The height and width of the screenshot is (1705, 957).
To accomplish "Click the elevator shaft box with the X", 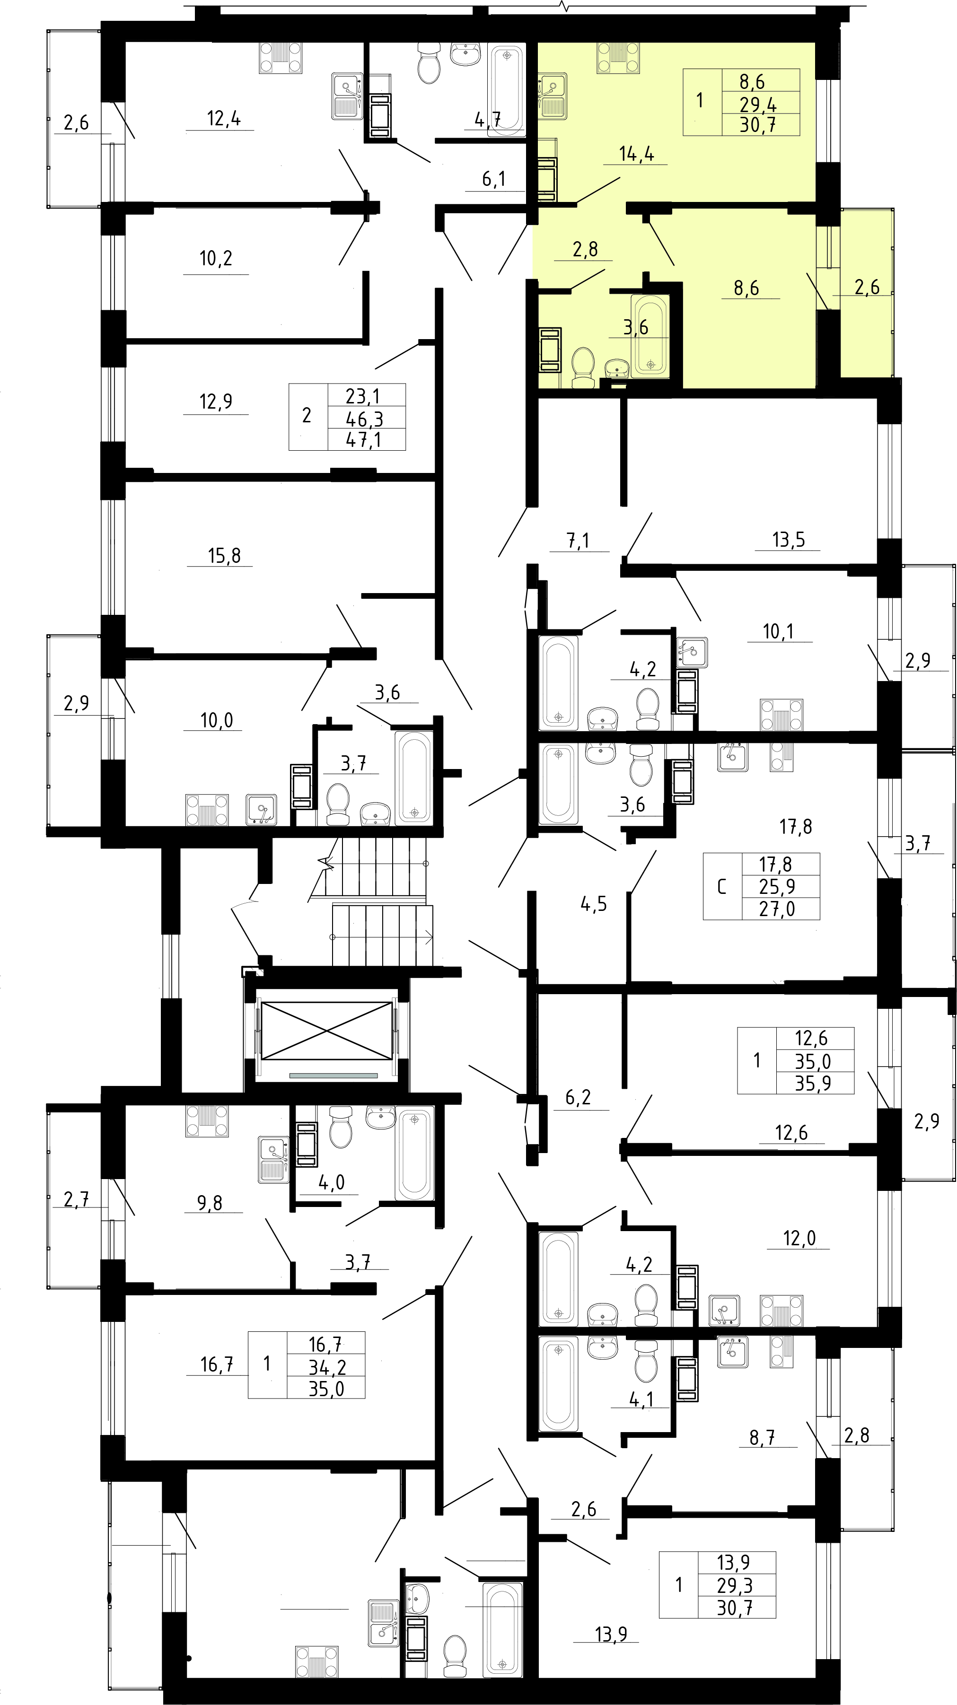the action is tap(327, 1030).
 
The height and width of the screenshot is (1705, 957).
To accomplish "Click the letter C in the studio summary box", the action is tap(721, 887).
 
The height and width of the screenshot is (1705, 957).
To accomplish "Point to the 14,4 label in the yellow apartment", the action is tap(637, 154).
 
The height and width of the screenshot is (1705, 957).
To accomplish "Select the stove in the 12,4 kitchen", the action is tap(280, 58).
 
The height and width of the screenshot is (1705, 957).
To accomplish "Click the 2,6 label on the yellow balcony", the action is tap(867, 287).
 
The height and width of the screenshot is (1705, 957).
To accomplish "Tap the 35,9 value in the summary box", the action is tap(813, 1083).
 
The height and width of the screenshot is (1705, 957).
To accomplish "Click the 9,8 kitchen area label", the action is tap(210, 1203).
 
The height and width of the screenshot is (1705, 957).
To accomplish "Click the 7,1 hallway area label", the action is tap(579, 541).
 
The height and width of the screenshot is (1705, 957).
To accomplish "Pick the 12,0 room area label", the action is tap(799, 1238).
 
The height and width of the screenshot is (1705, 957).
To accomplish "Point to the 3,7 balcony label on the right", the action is tap(918, 843).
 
